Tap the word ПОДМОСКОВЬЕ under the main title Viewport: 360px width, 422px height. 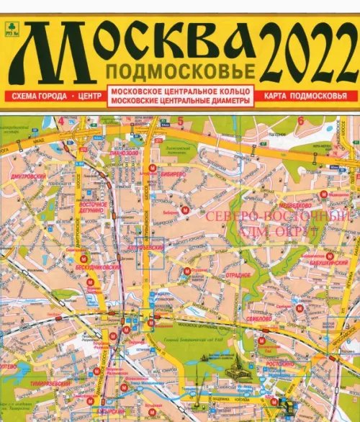click(x=180, y=71)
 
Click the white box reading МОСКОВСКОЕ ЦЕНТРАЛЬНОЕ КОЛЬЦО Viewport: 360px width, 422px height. click(x=180, y=91)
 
